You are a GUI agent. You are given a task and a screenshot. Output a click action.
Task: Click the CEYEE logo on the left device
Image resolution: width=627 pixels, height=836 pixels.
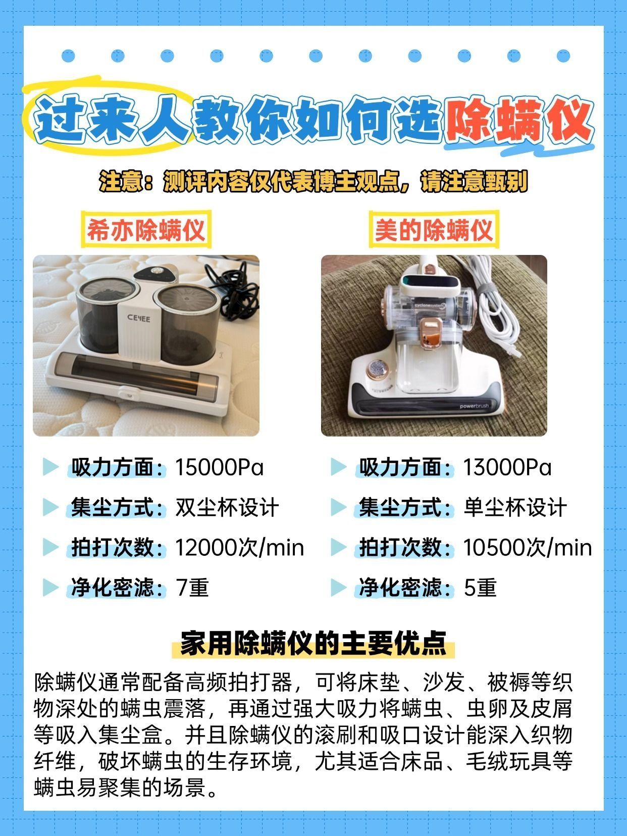(138, 318)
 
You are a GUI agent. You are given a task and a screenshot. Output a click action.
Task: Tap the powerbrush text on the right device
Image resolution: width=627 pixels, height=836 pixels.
(474, 406)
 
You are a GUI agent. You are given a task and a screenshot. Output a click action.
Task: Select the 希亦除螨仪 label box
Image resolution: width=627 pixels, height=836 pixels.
(146, 230)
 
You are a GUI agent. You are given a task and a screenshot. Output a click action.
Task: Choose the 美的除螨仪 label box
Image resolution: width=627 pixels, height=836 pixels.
(434, 230)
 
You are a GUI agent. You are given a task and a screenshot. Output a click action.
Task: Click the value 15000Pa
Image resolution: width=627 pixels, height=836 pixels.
(219, 467)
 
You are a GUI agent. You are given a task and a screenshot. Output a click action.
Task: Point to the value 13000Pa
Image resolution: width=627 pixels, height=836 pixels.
(507, 467)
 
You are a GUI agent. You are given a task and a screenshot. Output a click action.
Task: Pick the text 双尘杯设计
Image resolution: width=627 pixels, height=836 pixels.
(227, 507)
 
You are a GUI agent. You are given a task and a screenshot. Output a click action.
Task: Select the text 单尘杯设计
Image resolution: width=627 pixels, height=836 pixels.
(515, 507)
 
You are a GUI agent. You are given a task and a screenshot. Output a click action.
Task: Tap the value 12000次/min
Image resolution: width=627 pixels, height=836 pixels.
(239, 548)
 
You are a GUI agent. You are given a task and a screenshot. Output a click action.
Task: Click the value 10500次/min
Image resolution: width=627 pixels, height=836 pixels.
(528, 548)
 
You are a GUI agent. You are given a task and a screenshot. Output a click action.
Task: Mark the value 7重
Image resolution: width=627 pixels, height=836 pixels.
(192, 587)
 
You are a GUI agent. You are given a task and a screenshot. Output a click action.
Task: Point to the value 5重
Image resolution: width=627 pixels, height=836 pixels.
(480, 587)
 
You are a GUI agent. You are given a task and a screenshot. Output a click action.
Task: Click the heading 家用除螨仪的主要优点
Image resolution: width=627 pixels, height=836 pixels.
(313, 643)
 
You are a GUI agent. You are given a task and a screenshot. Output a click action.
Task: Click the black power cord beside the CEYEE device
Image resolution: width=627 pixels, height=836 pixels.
(233, 292)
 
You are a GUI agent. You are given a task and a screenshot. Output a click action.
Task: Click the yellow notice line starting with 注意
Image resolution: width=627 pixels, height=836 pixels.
(313, 181)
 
